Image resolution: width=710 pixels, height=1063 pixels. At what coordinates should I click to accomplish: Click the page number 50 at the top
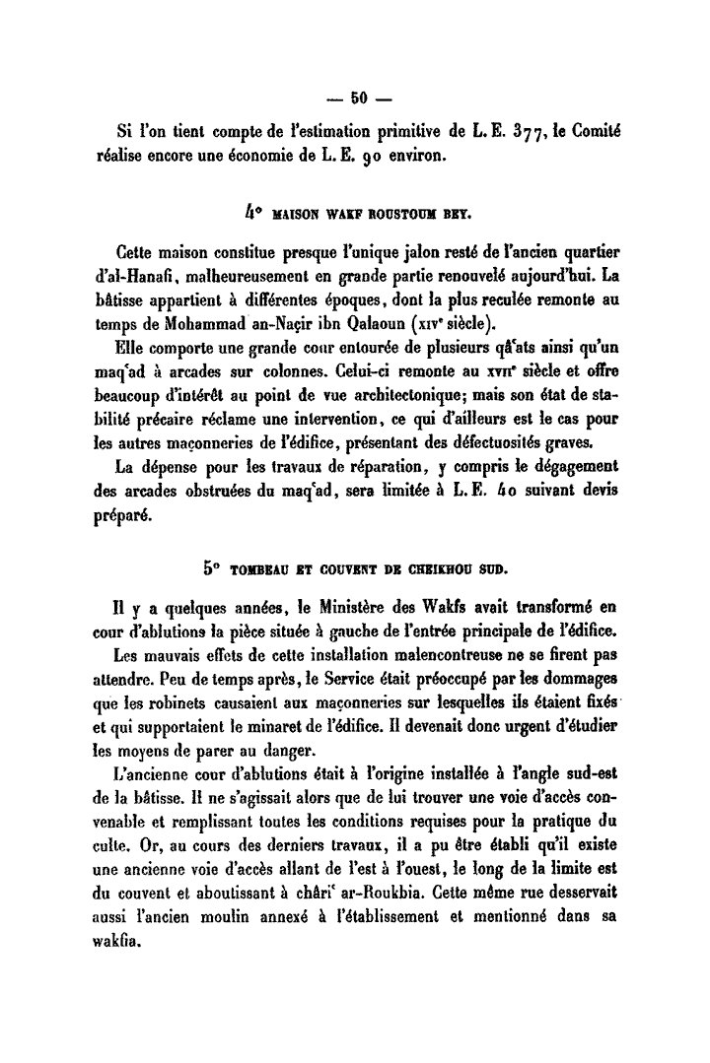coord(356,97)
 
